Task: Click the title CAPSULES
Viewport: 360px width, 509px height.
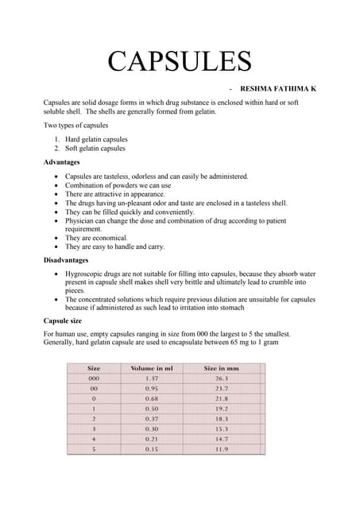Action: pos(180,61)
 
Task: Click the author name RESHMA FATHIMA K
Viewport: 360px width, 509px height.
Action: pos(277,88)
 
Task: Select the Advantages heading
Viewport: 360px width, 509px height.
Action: pos(66,161)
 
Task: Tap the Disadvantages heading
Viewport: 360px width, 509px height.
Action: pos(72,260)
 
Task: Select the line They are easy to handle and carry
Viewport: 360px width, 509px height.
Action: pos(114,247)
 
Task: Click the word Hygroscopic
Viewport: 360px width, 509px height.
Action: pos(87,273)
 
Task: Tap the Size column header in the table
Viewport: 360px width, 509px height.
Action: pos(94,368)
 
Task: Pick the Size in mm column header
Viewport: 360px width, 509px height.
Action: pos(221,368)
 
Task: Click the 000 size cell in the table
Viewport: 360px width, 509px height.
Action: pos(94,379)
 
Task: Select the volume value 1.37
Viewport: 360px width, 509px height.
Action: pos(152,379)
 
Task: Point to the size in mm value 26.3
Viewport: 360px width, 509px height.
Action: pos(221,379)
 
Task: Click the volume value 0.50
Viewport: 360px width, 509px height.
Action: pos(152,409)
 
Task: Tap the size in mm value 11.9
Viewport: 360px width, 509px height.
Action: pos(221,449)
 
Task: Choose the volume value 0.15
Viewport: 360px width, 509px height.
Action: pos(152,449)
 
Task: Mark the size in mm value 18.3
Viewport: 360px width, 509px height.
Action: pos(221,418)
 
